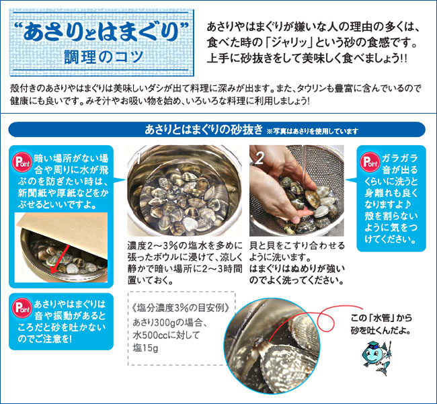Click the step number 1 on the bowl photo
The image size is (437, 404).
136,159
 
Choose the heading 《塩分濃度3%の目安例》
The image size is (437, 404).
180,308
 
